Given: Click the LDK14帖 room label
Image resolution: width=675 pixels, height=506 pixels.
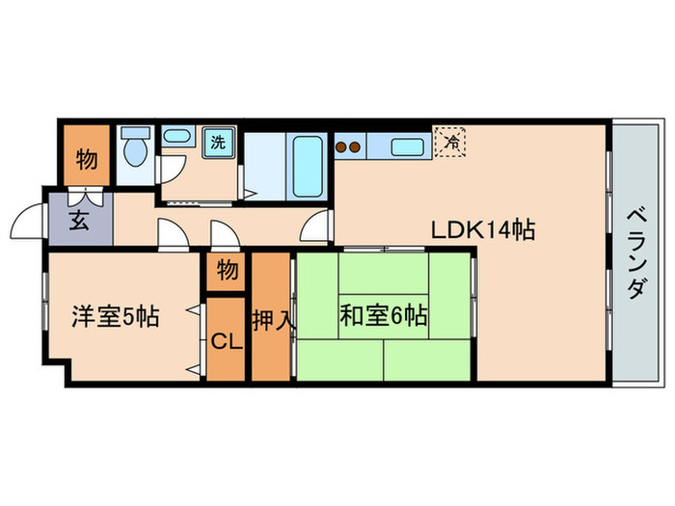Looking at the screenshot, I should pos(483,230).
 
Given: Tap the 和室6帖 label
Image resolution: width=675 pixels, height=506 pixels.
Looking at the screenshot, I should pos(383,315).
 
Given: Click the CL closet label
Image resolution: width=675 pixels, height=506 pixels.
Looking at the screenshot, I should pos(226,340).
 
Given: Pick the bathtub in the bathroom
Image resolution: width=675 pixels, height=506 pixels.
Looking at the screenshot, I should pos(307,164).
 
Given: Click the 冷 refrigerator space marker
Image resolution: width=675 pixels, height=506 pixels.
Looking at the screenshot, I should pos(450,141).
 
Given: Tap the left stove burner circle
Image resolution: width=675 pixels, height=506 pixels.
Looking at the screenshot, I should pos(341,147).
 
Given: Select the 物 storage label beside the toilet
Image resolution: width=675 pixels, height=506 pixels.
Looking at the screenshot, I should pos(87,160).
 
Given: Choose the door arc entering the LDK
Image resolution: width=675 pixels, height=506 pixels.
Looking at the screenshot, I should pos(314,229).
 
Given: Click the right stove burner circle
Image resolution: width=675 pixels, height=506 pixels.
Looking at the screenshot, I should pos(356,147).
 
